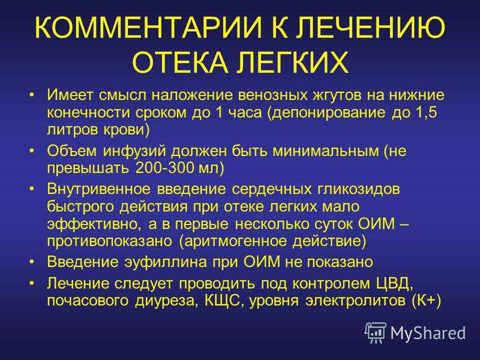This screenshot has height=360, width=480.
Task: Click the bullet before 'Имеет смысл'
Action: [x=31, y=95]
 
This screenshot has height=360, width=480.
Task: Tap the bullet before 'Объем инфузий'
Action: [x=31, y=151]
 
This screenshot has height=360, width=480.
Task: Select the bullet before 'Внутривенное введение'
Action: [x=31, y=189]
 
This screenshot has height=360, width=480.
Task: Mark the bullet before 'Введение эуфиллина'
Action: [x=31, y=262]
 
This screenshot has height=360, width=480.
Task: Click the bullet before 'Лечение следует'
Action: [x=31, y=284]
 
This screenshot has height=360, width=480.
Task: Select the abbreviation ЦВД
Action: [x=394, y=284]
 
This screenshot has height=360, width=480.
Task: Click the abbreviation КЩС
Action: [x=224, y=301]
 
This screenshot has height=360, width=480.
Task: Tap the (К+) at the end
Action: [x=427, y=301]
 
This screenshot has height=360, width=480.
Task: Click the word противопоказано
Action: [x=110, y=241]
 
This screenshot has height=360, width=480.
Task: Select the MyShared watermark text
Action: [x=428, y=333]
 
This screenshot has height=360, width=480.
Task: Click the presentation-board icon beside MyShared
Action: [x=376, y=332]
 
